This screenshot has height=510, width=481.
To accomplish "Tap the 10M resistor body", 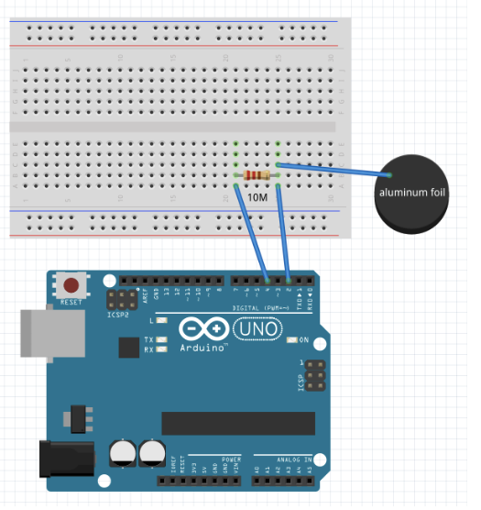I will [x=257, y=175].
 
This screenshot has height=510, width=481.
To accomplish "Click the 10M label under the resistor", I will [x=258, y=198].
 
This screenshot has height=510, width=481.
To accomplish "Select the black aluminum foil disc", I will [x=410, y=194].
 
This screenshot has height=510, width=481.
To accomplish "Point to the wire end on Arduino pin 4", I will [x=267, y=279].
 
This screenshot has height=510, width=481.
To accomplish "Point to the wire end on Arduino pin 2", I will [x=290, y=279].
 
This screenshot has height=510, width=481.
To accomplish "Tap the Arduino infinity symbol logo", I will [x=203, y=330].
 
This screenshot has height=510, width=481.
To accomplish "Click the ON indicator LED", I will [x=293, y=340].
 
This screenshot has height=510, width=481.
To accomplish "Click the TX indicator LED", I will [x=163, y=339].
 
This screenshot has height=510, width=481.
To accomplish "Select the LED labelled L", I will [x=162, y=320].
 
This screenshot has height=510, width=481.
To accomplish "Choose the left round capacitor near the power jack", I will [x=123, y=452].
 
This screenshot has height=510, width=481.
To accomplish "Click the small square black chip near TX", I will [x=128, y=347].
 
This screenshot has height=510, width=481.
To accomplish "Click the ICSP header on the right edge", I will [x=313, y=375].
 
